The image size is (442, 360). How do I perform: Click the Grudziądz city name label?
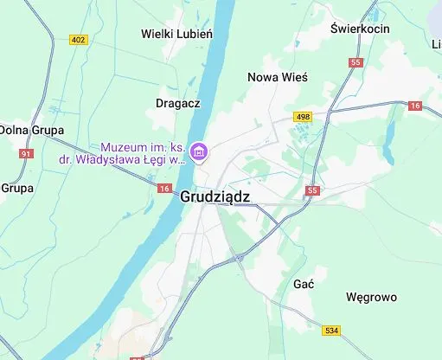(x=215, y=196)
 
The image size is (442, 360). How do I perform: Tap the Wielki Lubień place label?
(x=176, y=34)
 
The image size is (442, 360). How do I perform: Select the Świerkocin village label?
(x=360, y=29)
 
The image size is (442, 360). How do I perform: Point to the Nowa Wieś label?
(x=277, y=77)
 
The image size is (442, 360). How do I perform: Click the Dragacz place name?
(x=178, y=102)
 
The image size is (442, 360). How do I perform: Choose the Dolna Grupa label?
(x=26, y=129)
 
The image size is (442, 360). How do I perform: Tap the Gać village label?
(x=304, y=284)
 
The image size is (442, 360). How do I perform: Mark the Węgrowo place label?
(x=371, y=297)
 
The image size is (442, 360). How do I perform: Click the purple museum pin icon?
(x=200, y=153)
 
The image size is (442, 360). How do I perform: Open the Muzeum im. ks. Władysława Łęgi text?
(x=143, y=153)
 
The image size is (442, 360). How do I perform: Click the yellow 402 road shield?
(x=79, y=40)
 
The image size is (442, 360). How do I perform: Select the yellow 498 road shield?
(x=302, y=116)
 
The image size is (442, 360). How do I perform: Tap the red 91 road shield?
(x=26, y=153)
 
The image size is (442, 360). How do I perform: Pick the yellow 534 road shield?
(x=331, y=330)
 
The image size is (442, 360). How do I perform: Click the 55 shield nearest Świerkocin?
(x=356, y=62)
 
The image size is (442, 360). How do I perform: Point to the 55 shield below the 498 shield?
(x=312, y=190)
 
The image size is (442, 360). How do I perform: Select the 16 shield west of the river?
(x=164, y=188)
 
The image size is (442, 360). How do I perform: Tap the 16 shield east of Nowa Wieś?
(x=415, y=106)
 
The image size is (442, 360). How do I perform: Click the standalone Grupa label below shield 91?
(x=16, y=187)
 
